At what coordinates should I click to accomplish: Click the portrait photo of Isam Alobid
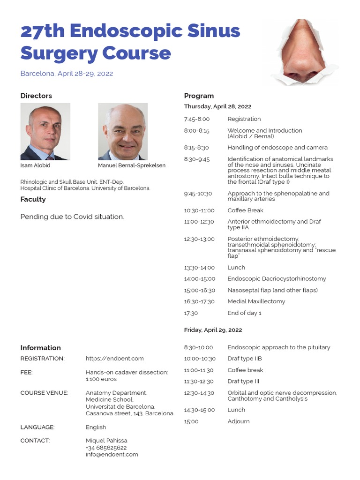click(45, 132)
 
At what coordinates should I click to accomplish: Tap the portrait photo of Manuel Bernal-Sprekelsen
click(122, 132)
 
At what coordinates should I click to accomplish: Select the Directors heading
click(36, 96)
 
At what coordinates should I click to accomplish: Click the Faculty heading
click(33, 199)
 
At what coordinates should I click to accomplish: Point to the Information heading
click(40, 348)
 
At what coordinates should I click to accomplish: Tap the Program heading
click(199, 96)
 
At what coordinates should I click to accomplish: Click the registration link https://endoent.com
click(114, 359)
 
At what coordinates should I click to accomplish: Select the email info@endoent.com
click(112, 454)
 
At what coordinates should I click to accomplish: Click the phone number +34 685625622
click(106, 448)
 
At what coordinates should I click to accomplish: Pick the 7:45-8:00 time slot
click(197, 119)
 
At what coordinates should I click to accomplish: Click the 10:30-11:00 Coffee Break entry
click(245, 210)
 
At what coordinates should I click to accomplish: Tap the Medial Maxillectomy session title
click(256, 301)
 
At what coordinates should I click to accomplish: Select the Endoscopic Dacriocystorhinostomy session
click(277, 279)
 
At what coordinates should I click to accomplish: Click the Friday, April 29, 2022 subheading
click(213, 330)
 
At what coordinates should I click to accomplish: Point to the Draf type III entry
click(243, 382)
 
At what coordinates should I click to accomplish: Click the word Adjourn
click(239, 421)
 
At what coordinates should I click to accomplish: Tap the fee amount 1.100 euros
click(101, 379)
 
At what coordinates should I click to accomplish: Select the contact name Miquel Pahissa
click(106, 441)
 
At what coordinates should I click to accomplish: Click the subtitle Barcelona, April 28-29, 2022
click(67, 74)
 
